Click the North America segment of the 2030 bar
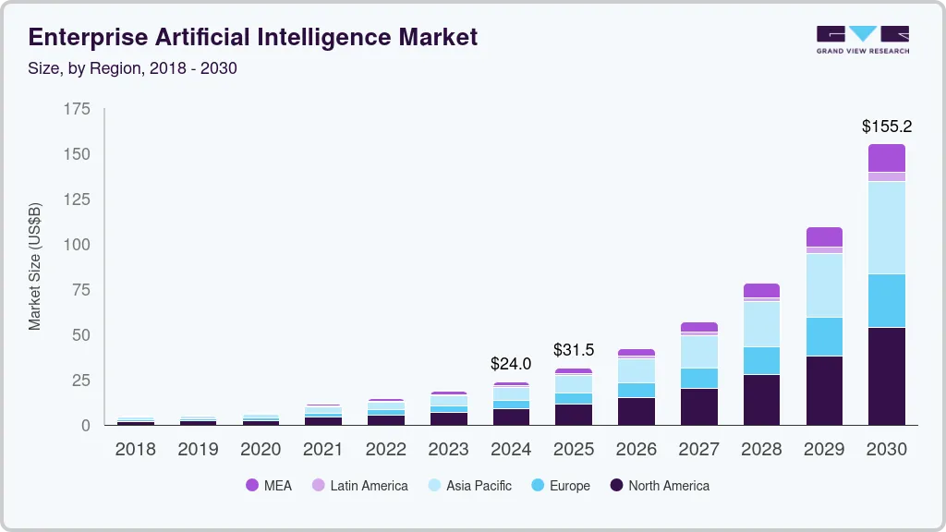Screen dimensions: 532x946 887,376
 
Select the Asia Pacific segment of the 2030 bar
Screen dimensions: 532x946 887,227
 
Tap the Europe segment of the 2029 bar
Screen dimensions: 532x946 824,336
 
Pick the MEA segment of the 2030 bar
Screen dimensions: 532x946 887,158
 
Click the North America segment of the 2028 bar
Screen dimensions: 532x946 761,399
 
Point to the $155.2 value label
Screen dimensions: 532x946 887,127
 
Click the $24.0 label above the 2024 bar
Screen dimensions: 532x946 511,364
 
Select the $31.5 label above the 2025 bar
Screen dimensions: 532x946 574,350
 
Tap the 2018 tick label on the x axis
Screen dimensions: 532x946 135,450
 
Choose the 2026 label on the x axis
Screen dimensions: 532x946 637,450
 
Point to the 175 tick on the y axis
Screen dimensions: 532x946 78,109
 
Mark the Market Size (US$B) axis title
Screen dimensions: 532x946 35,266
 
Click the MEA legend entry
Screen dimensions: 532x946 268,486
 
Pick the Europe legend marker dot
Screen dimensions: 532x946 537,486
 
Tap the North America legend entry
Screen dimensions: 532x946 659,486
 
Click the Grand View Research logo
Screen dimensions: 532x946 863,40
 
